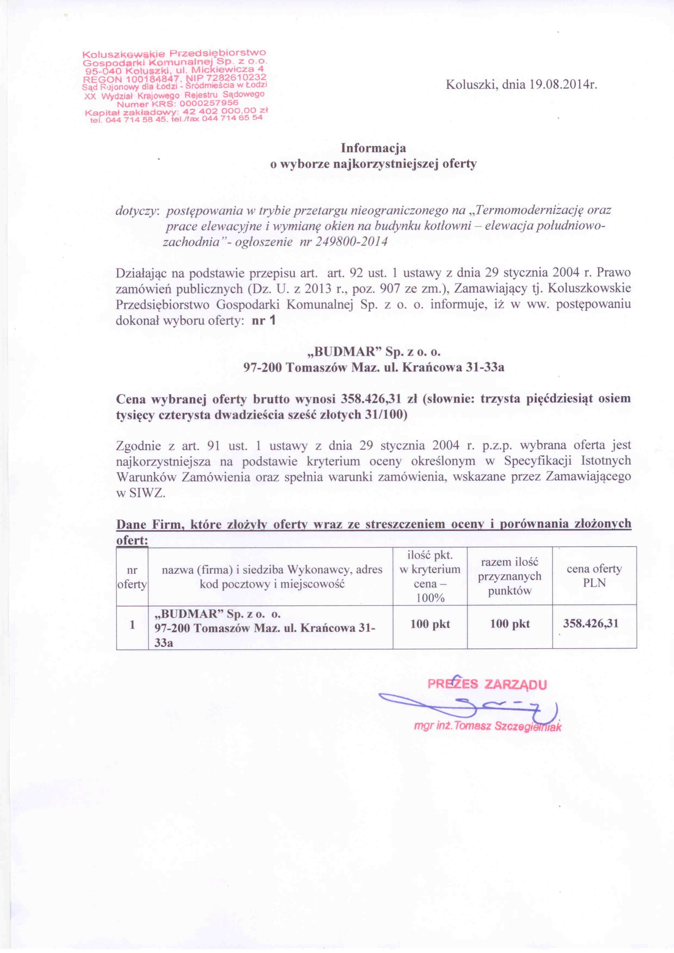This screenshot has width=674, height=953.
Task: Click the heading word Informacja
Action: pyautogui.click(x=373, y=148)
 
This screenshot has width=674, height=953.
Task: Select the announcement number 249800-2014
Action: pyautogui.click(x=351, y=242)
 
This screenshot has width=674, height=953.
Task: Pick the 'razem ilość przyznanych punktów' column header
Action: pyautogui.click(x=509, y=576)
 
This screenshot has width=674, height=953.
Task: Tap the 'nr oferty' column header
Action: pyautogui.click(x=132, y=577)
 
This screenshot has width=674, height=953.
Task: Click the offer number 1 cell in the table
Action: pyautogui.click(x=132, y=624)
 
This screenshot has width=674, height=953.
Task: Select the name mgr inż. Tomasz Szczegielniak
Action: pyautogui.click(x=487, y=726)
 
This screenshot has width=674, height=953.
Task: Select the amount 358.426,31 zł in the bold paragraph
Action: pyautogui.click(x=378, y=399)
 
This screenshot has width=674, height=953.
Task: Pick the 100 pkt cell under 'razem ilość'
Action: pyautogui.click(x=510, y=624)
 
